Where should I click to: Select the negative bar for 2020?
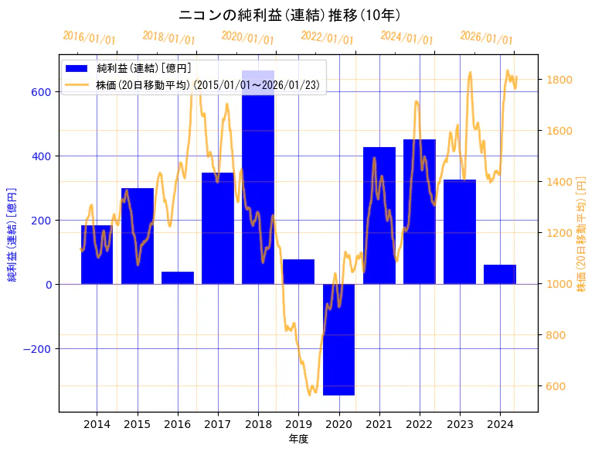pyautogui.click(x=338, y=341)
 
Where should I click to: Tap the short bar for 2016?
pyautogui.click(x=178, y=278)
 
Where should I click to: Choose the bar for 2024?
pyautogui.click(x=500, y=275)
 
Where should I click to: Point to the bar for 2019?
pyautogui.click(x=298, y=272)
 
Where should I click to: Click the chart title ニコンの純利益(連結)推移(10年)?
pyautogui.click(x=289, y=15)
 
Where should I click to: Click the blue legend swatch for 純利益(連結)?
pyautogui.click(x=77, y=69)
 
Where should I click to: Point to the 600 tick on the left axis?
pyautogui.click(x=41, y=92)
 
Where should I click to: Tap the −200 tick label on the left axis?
pyautogui.click(x=36, y=349)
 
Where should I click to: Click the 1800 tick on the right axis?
pyautogui.click(x=559, y=80)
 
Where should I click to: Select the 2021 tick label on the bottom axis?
pyautogui.click(x=379, y=424)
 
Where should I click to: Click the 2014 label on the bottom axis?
pyautogui.click(x=97, y=424)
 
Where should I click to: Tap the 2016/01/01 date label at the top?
pyautogui.click(x=89, y=37)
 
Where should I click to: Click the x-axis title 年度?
pyautogui.click(x=298, y=439)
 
